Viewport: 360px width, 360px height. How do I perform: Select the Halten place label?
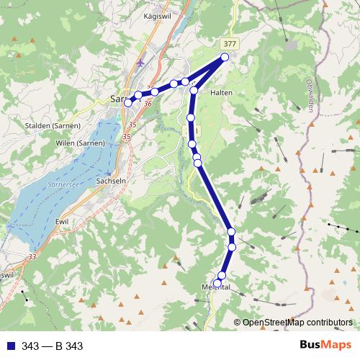220,93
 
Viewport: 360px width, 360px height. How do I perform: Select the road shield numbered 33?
32,256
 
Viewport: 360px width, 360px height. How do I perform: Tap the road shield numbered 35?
127,135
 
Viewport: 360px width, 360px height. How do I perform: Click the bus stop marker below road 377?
225,57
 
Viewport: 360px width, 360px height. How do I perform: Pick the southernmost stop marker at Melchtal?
217,283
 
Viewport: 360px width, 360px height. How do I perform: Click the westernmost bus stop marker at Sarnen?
128,102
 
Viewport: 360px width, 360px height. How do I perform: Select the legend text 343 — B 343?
53,346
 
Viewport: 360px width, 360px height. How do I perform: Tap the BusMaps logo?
325,345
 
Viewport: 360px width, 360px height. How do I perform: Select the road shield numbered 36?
148,104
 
